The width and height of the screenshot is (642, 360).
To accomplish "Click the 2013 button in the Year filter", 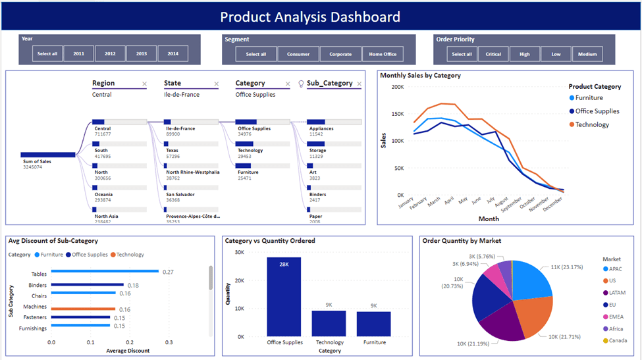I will coord(142,54).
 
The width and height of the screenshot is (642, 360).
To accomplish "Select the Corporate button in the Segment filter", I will coord(340,54).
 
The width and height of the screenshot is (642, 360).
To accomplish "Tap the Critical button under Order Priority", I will coord(493,54).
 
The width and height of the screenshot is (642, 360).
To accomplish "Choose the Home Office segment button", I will coord(383,54).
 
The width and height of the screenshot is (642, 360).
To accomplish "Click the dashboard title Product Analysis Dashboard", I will coord(310,17).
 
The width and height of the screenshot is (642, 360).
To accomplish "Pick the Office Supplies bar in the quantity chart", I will coord(284,296).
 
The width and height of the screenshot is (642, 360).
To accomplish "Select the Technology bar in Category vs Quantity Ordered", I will coord(329,323).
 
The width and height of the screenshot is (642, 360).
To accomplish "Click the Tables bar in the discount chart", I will coord(105,271).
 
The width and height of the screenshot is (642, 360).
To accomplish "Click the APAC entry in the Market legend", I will coord(615,269).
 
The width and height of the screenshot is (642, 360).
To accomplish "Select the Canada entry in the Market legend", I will coord(617,341).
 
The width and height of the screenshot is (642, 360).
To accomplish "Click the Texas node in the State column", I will coord(173,150).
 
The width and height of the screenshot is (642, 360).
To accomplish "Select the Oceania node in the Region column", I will coord(103,194).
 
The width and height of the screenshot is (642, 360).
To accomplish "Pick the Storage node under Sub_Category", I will coord(318,150).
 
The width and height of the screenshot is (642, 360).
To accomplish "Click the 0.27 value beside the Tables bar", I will coord(168,272).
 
